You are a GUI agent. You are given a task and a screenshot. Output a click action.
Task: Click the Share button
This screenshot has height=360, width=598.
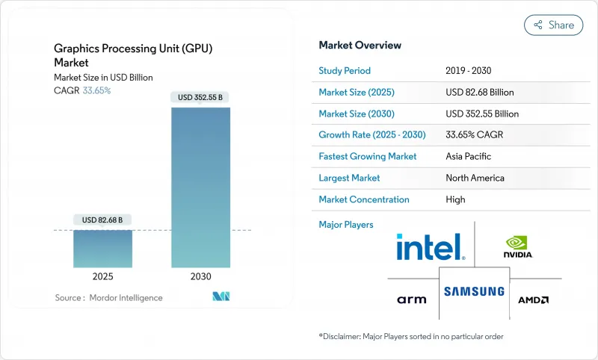point(554,25)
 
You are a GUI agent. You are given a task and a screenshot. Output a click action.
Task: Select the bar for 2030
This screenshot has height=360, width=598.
point(201,187)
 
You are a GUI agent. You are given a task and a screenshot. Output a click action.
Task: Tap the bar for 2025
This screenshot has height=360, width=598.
point(103,248)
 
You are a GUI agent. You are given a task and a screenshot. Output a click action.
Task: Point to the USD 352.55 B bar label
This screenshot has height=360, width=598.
point(201,97)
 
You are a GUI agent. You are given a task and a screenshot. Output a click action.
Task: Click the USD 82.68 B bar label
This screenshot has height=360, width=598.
point(103,220)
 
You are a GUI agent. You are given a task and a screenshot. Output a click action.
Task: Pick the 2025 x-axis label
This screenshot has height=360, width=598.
point(103,276)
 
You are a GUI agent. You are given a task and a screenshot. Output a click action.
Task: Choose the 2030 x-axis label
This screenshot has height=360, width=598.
point(201,276)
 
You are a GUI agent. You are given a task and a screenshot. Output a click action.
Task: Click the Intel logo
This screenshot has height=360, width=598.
point(431,247)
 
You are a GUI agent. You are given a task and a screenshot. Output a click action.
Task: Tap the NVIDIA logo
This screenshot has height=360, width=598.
point(519,247)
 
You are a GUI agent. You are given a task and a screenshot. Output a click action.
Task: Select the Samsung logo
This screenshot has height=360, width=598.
point(475,291)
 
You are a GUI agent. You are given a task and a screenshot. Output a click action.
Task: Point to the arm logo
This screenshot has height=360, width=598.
point(412,300)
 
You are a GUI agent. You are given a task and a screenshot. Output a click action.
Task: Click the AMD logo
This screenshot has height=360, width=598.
point(534,300)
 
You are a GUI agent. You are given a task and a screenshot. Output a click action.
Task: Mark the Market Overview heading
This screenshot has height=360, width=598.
point(360,46)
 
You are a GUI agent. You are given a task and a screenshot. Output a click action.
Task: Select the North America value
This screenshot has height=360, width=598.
point(475,178)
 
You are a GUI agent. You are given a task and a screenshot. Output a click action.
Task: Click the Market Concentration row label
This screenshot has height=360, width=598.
point(364,199)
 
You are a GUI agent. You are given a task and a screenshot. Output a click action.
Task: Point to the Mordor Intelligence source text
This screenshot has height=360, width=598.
point(108,298)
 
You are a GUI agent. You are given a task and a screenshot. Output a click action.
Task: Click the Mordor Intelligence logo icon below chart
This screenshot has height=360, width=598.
point(221,297)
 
